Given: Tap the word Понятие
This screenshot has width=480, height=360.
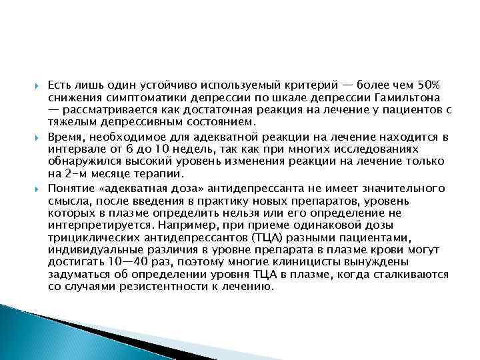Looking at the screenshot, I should coord(73,188).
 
